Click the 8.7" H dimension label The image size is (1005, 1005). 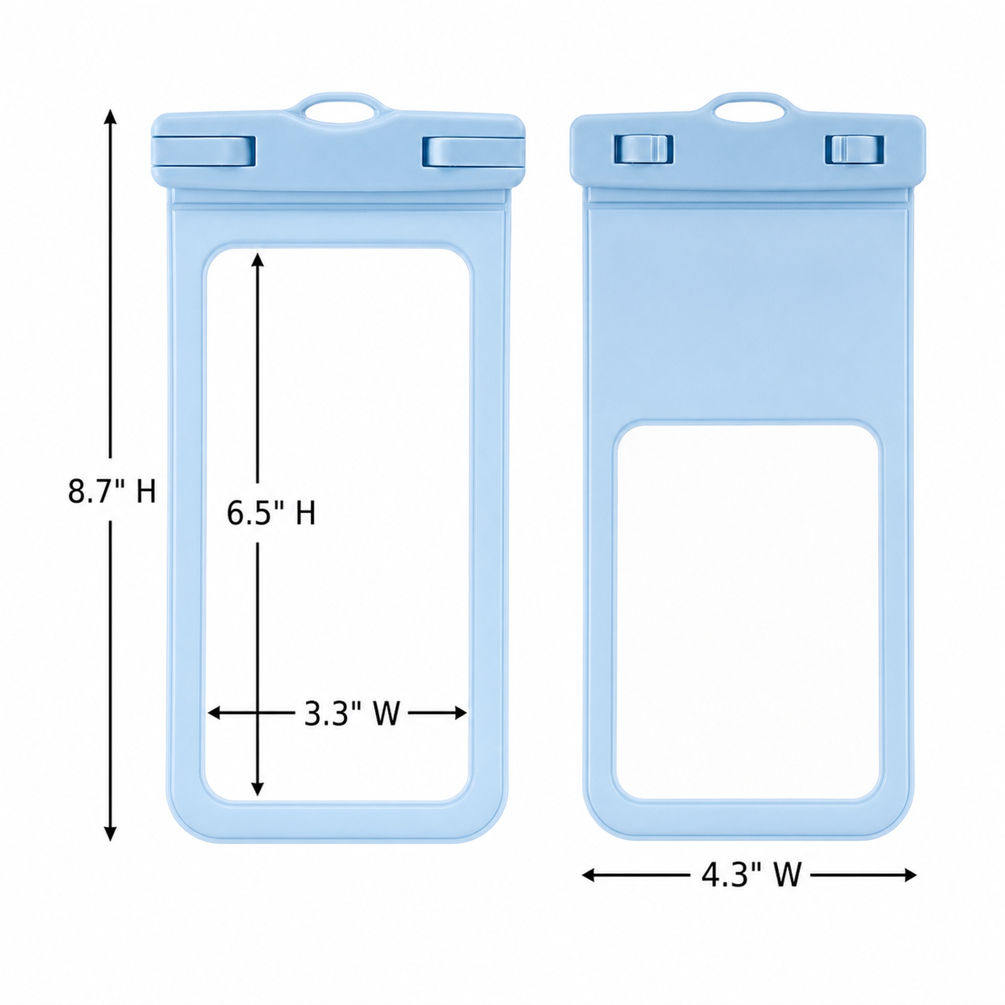(112, 490)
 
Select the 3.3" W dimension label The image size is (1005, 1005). (352, 713)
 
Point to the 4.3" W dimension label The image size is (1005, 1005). (751, 874)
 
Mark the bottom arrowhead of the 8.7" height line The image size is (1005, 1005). (110, 833)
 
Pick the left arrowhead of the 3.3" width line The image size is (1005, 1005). (215, 713)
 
